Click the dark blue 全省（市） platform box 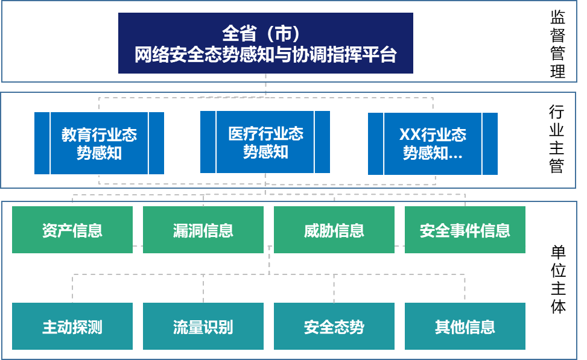[x=265, y=43]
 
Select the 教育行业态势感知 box [x=99, y=143]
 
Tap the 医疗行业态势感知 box [x=265, y=142]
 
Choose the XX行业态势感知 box [x=433, y=144]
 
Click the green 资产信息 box [x=72, y=230]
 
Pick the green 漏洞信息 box [x=203, y=230]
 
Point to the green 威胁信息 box [x=334, y=230]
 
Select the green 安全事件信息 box [x=465, y=230]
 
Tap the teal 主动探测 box [x=72, y=326]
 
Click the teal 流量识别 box [x=203, y=326]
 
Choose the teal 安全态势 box [x=334, y=326]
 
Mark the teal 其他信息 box [x=465, y=326]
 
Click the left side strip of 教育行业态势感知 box [x=42, y=143]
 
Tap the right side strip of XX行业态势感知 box [x=490, y=144]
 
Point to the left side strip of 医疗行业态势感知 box [x=208, y=142]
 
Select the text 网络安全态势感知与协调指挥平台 [x=265, y=55]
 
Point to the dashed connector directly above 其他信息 [x=465, y=288]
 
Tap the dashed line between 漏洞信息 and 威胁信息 [x=268, y=246]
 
